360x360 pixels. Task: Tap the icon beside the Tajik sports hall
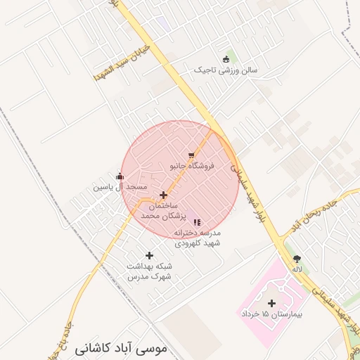226,59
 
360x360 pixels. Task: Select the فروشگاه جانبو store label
192,167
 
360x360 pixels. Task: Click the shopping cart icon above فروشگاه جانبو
191,155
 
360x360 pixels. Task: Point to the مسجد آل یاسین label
120,187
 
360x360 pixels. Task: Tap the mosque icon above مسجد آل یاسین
120,176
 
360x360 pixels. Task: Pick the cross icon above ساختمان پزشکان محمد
164,195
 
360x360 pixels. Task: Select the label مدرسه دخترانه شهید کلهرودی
198,237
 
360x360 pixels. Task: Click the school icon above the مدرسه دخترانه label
196,222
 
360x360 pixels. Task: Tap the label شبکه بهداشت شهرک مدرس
149,271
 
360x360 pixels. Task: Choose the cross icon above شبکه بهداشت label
149,256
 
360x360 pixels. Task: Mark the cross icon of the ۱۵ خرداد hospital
271,303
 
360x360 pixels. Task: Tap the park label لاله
297,269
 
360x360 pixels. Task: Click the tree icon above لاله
297,259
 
